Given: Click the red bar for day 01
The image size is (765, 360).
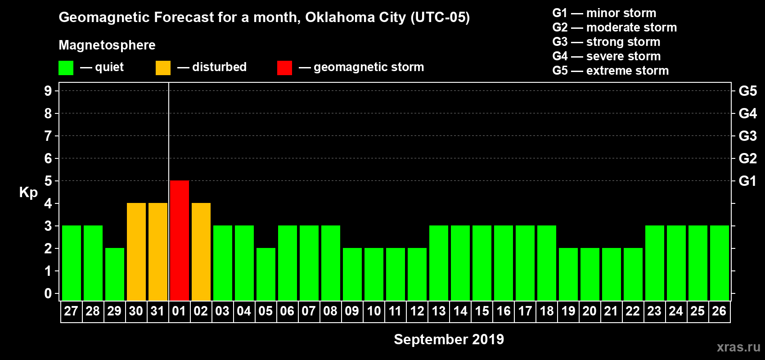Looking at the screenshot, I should [179, 240].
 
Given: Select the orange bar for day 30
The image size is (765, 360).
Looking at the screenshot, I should [136, 252].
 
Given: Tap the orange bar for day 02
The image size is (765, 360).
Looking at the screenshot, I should [201, 252].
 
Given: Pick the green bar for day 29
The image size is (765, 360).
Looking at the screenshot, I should [114, 274].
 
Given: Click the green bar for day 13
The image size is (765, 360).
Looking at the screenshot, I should [438, 263].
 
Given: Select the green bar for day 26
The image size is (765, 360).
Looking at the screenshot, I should [719, 263].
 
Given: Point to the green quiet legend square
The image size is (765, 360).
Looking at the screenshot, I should [66, 68].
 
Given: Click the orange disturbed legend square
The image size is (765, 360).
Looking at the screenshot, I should [163, 68].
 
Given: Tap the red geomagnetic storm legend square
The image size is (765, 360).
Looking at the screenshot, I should [284, 68].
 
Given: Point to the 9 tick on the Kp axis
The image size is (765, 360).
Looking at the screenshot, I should [48, 91].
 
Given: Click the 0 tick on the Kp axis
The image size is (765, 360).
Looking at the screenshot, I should [48, 294].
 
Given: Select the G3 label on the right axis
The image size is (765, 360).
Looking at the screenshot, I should [747, 136].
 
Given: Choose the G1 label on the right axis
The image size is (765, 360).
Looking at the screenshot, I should [747, 181].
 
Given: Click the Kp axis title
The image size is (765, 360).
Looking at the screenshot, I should [28, 193].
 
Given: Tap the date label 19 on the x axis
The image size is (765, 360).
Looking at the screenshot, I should [568, 311].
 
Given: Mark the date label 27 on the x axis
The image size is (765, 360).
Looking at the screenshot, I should [71, 311].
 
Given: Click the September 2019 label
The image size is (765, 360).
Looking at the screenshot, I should [449, 339].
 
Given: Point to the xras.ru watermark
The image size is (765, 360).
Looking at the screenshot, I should [738, 347].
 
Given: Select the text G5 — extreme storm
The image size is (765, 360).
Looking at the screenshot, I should [610, 71].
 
